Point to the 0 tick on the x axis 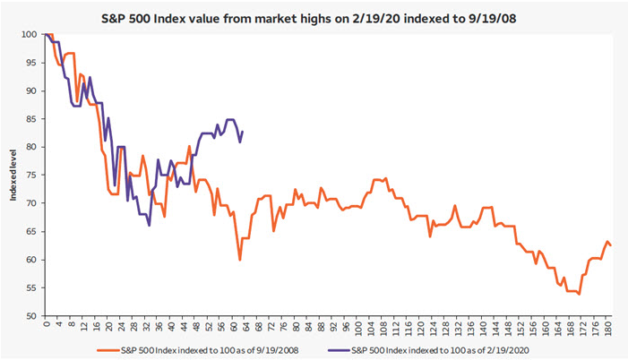45,326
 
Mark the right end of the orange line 612,245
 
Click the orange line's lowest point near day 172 580,294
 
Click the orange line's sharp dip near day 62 240,260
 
